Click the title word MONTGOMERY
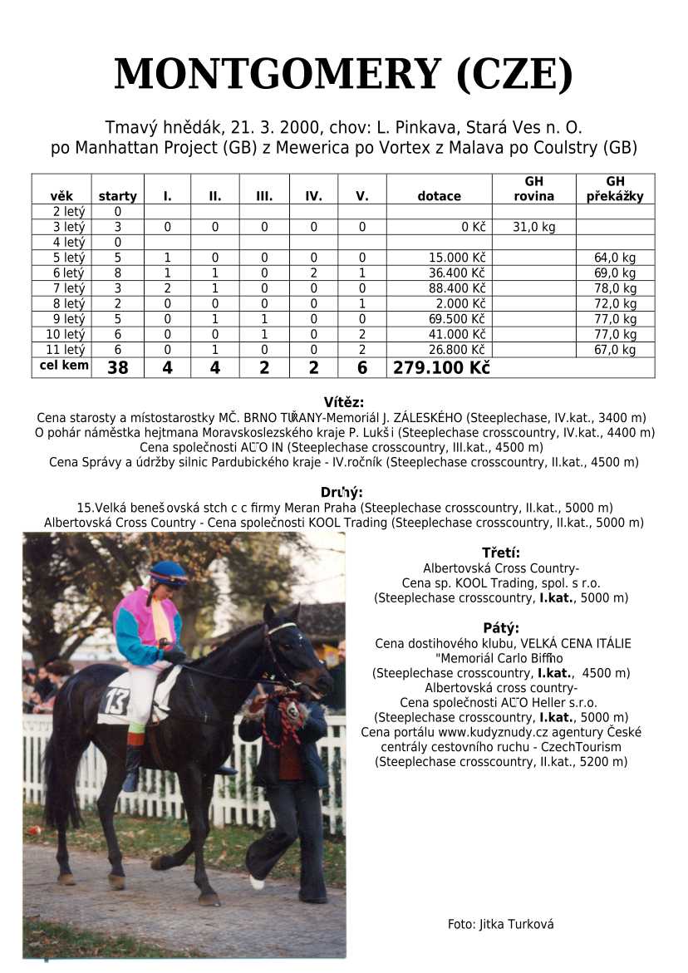pyautogui.click(x=278, y=75)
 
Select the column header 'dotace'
pyautogui.click(x=439, y=196)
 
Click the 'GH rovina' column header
pyautogui.click(x=533, y=189)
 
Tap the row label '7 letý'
pyautogui.click(x=69, y=288)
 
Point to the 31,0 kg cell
pyautogui.click(x=533, y=227)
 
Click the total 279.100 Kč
pyautogui.click(x=441, y=368)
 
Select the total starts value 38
pyautogui.click(x=118, y=368)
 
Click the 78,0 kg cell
pyautogui.click(x=615, y=288)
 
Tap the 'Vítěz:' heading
pyautogui.click(x=343, y=402)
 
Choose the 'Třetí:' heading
pyautogui.click(x=501, y=553)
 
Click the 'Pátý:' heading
pyautogui.click(x=501, y=627)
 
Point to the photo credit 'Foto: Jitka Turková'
pyautogui.click(x=500, y=924)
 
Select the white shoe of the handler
pyautogui.click(x=257, y=882)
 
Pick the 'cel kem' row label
pyautogui.click(x=64, y=366)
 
